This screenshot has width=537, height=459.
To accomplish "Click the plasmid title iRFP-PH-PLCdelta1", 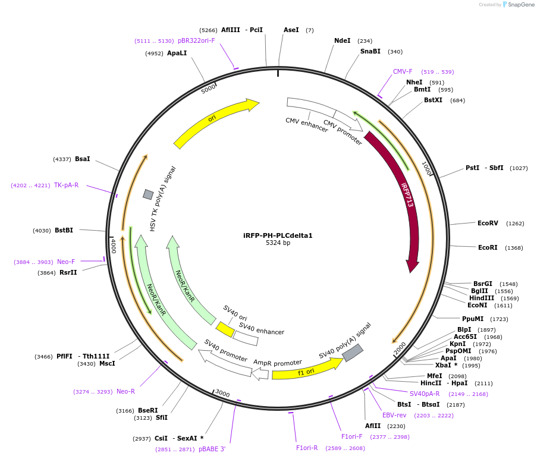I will [x=278, y=235].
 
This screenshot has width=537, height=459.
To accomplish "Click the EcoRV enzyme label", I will [x=488, y=224].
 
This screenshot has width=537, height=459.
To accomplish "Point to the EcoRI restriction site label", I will [x=488, y=247].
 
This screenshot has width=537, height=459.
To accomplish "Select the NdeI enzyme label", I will [x=342, y=40].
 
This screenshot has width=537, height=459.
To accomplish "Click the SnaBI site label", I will [x=370, y=51].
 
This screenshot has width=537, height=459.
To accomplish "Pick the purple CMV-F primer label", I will [x=403, y=71].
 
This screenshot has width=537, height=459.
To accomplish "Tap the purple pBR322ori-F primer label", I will [x=196, y=40].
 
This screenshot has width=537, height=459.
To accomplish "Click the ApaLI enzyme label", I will [x=177, y=53].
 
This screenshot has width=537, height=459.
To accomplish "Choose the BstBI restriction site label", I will [x=64, y=230].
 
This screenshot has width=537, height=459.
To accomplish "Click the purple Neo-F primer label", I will [x=66, y=262].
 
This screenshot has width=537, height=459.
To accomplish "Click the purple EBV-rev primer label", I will [x=394, y=415].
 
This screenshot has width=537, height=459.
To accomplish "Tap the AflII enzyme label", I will [x=373, y=426].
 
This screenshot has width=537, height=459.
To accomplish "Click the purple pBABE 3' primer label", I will [x=212, y=449].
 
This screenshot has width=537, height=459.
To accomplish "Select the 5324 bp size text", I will [x=278, y=243].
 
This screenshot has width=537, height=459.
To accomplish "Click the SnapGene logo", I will [x=519, y=5].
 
